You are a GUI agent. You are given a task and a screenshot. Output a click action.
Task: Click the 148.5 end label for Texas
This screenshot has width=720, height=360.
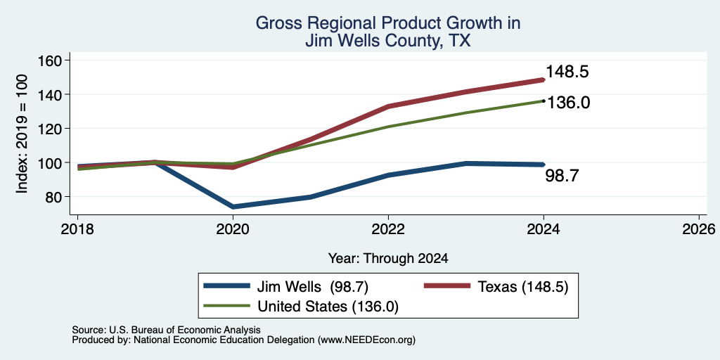(x=567, y=72)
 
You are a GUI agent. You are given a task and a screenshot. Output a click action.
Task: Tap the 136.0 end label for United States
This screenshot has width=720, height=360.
(x=568, y=103)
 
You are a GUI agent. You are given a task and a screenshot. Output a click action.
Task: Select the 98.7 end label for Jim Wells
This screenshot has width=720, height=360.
(x=562, y=175)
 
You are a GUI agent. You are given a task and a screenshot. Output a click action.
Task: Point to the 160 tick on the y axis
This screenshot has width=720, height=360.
(x=53, y=60)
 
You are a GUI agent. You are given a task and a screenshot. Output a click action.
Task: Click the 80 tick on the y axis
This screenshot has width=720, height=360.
(x=57, y=197)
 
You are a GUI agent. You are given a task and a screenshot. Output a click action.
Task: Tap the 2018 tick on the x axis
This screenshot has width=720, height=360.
(x=78, y=229)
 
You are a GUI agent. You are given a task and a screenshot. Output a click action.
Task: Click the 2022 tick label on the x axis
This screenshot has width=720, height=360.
(x=388, y=229)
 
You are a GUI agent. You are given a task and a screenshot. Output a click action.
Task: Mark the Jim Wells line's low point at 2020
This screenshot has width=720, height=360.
(x=233, y=207)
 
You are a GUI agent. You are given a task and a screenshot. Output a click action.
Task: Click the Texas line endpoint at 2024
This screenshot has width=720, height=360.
(x=544, y=79)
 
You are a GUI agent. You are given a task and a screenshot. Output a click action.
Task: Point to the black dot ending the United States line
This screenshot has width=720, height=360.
(x=544, y=101)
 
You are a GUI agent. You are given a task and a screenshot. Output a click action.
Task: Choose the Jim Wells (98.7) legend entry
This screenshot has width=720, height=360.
(x=287, y=287)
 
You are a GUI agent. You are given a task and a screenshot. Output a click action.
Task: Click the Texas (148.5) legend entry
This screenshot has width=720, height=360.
(x=496, y=287)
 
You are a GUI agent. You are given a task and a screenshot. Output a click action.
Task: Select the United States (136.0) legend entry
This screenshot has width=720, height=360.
(x=301, y=307)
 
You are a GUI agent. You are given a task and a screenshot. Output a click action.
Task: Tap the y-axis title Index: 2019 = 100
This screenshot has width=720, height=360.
(x=22, y=134)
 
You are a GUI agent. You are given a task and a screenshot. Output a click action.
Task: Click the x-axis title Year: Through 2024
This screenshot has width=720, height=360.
(x=388, y=259)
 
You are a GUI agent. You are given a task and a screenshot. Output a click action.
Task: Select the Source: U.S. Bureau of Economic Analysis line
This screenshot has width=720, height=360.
(x=166, y=330)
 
